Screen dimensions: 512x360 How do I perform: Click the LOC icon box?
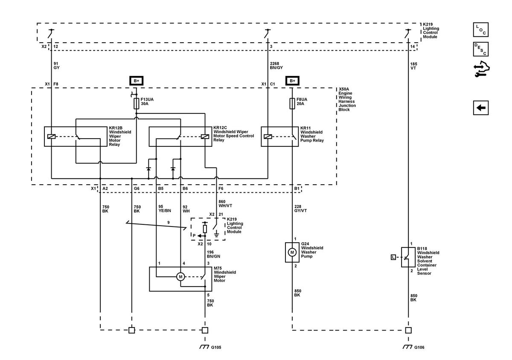(481, 29)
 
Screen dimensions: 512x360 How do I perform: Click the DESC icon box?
(481, 49)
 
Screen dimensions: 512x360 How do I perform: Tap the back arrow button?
(481, 107)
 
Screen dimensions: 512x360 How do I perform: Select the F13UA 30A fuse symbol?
(136, 104)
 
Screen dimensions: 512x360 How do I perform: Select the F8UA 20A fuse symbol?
(292, 104)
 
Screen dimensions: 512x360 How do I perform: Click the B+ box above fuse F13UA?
(136, 81)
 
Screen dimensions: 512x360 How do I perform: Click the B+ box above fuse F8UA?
(292, 81)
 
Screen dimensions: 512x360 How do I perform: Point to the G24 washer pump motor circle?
(292, 253)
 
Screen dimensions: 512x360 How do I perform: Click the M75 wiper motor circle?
(180, 277)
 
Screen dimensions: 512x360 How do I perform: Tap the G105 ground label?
(216, 348)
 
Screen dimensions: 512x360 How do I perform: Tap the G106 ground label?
(419, 348)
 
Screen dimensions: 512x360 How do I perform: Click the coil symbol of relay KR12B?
(51, 136)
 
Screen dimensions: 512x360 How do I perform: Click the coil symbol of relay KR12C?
(205, 136)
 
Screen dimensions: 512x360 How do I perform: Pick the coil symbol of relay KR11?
(268, 136)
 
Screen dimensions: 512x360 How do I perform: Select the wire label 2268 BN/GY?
(276, 66)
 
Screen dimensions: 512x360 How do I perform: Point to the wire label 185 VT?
(413, 66)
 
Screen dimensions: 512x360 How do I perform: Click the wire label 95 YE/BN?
(165, 209)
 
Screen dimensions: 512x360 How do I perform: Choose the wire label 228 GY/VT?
(300, 209)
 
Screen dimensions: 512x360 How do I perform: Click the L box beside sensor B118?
(393, 257)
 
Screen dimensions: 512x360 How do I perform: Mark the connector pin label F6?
(221, 189)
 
